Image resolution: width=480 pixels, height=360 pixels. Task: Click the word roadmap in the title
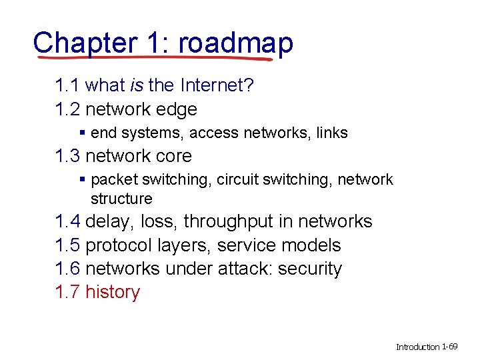(235, 43)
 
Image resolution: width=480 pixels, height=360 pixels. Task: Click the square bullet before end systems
(83, 133)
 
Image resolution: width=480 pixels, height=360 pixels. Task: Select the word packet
(113, 179)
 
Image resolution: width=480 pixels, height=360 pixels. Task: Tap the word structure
(121, 199)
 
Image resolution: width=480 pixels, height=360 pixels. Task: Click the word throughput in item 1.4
(237, 221)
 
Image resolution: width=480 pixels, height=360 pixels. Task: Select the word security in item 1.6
(310, 269)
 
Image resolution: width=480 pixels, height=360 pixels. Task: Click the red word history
(113, 292)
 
